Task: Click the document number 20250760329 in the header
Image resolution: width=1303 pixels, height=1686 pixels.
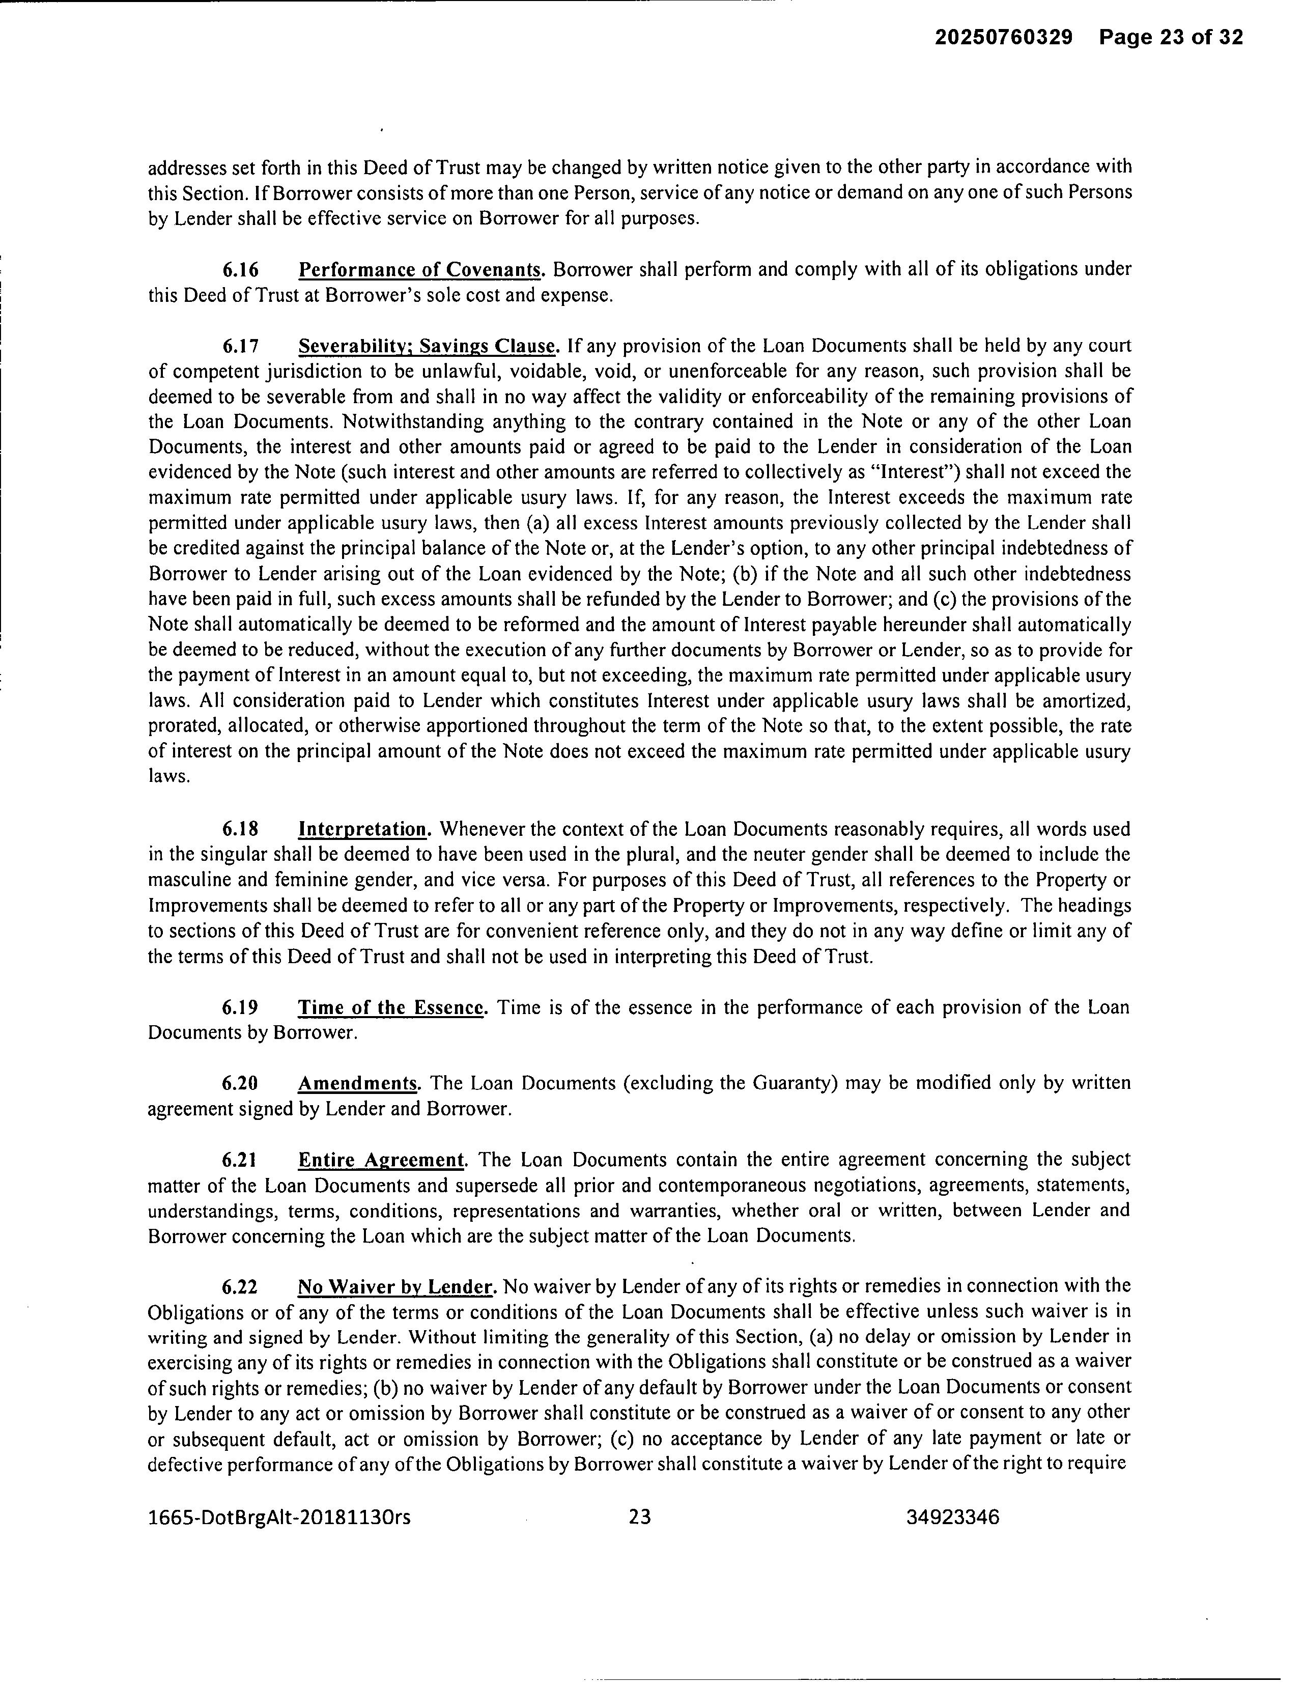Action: pyautogui.click(x=1004, y=37)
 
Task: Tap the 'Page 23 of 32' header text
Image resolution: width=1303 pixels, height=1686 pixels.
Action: pyautogui.click(x=1171, y=37)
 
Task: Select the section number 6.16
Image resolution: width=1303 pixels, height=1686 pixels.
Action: pyautogui.click(x=240, y=269)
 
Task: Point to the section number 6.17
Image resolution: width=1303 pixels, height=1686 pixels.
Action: pyautogui.click(x=240, y=345)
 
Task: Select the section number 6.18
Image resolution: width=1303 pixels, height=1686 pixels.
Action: pyautogui.click(x=240, y=829)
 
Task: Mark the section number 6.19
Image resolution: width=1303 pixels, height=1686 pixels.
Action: pyautogui.click(x=240, y=1007)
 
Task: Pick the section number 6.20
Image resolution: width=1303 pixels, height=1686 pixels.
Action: pyautogui.click(x=240, y=1083)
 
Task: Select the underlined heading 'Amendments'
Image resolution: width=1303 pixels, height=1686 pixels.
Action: pyautogui.click(x=357, y=1083)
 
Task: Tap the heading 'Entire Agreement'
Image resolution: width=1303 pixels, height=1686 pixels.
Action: pyautogui.click(x=381, y=1160)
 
